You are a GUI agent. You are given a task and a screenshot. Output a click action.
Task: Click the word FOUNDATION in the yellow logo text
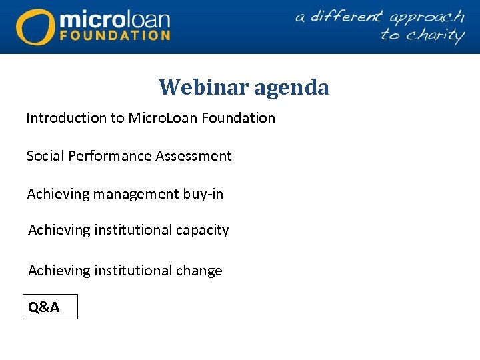click(x=115, y=35)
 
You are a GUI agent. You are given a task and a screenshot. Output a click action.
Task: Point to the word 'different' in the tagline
click(x=345, y=16)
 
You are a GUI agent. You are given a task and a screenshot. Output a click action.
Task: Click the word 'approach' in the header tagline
click(x=426, y=17)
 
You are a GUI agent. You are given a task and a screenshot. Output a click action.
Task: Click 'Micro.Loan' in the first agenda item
click(x=159, y=118)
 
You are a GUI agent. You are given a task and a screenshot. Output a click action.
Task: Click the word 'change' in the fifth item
click(x=199, y=271)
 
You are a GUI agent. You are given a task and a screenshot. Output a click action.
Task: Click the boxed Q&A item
click(x=50, y=307)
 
